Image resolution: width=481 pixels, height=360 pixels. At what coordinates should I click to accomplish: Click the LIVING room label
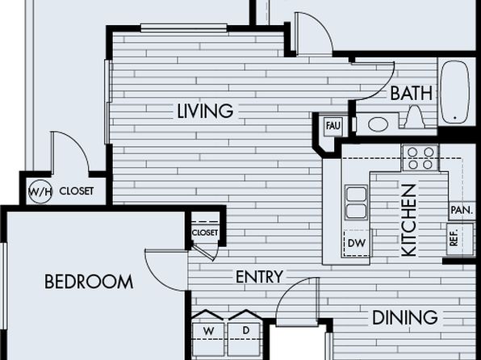coord(205,111)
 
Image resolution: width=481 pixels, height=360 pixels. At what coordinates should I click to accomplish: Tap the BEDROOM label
coord(89,282)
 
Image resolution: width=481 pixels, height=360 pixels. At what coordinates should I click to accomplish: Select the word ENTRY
coord(259,277)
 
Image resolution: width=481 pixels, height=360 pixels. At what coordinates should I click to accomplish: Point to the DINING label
coord(404,317)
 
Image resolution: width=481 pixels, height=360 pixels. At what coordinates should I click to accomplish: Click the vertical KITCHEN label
coord(409,220)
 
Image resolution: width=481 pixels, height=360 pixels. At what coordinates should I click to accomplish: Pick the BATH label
coord(412,93)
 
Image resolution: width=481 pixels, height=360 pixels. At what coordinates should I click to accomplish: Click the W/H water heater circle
coord(40,192)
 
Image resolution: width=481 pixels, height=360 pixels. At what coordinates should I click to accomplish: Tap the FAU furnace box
coord(333,126)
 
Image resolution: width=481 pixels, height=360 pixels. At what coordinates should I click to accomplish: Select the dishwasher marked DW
coord(357,243)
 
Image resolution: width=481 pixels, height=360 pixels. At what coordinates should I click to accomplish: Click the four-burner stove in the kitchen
coord(420,158)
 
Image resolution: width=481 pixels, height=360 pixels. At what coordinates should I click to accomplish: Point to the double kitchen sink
coord(356,203)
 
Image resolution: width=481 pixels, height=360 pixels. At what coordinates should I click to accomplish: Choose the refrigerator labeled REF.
coord(459,239)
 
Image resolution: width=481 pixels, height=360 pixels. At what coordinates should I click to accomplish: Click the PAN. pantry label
coord(462,211)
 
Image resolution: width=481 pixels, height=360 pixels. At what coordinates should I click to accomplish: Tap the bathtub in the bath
coord(454,92)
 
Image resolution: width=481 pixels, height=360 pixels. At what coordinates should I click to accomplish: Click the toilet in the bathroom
coord(415,117)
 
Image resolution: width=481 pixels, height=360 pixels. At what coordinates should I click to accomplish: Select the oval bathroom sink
coord(379,124)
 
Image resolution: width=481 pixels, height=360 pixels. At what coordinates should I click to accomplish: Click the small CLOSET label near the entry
coord(205,233)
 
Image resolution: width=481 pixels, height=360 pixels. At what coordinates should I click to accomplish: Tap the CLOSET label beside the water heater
coord(76,191)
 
